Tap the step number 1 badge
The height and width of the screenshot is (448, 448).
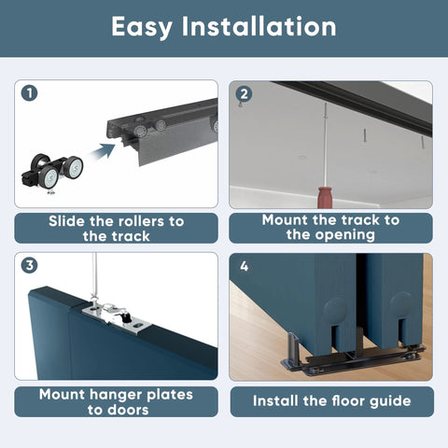coord(31,93)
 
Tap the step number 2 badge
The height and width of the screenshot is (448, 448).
coord(245,93)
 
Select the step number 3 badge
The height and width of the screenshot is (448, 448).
coord(31,265)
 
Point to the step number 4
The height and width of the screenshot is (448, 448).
coord(244,266)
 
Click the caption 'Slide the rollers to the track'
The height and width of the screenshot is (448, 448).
coord(116,229)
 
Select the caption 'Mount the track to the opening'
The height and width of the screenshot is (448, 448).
coord(330,228)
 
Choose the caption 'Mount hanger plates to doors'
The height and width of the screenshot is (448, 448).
coord(116,401)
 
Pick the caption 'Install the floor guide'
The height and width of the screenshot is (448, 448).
coord(330,401)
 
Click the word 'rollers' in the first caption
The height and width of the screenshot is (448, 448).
coord(133,221)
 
